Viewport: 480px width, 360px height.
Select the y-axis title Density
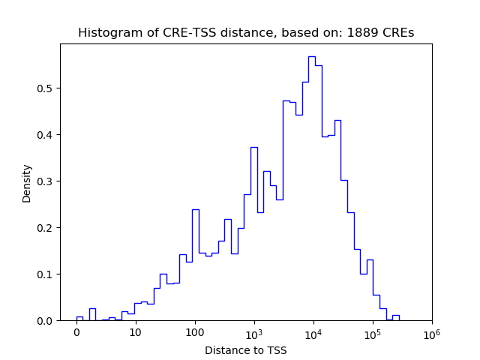coord(27,183)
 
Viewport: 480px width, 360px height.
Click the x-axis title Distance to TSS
coord(246,350)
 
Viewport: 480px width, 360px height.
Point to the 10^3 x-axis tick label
coord(253,331)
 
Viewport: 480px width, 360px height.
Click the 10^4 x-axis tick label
coord(313,331)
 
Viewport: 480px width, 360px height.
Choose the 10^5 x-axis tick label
coord(372,331)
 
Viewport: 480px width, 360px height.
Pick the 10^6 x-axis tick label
coord(431,331)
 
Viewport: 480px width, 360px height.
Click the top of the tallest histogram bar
coord(311,56)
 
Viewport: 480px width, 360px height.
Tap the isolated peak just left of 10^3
coord(253,147)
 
